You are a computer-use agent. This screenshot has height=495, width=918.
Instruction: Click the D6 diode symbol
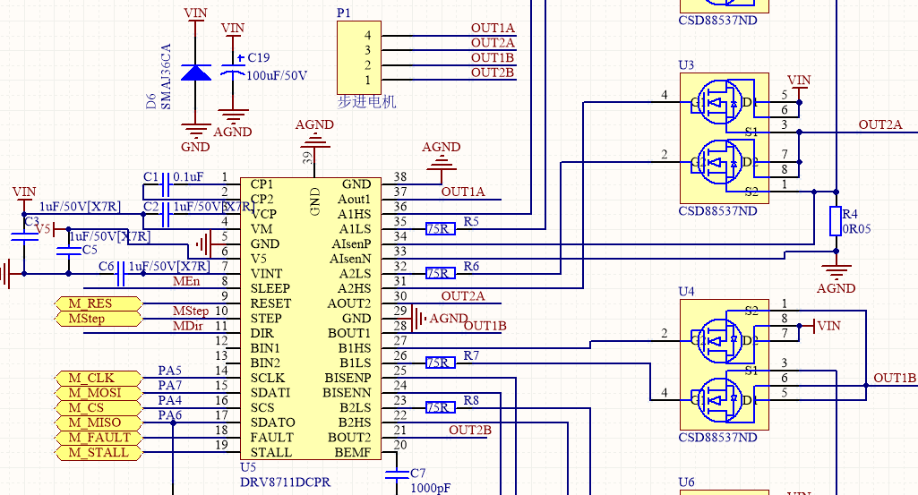pos(196,73)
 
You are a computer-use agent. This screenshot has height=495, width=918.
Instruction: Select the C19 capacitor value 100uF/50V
pos(277,76)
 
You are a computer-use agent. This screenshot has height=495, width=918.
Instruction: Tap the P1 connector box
pos(357,57)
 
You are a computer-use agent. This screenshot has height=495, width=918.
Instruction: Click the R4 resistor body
pos(836,221)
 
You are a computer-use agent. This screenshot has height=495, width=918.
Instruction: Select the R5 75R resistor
pos(440,229)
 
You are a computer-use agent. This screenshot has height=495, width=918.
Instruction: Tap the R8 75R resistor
pos(440,408)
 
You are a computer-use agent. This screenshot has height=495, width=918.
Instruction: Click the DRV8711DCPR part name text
pos(285,482)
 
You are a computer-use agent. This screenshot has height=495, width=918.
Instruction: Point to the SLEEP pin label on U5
pos(270,288)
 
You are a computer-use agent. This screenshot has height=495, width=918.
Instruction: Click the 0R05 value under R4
pos(855,229)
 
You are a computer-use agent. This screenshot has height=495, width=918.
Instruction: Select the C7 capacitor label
pos(418,472)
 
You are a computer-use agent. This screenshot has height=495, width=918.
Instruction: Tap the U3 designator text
pos(686,65)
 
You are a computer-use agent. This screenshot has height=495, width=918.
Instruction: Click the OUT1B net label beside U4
pos(895,378)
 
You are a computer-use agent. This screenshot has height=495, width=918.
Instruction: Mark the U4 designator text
pos(686,292)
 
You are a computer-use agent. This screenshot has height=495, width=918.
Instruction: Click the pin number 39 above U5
pos(307,158)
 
